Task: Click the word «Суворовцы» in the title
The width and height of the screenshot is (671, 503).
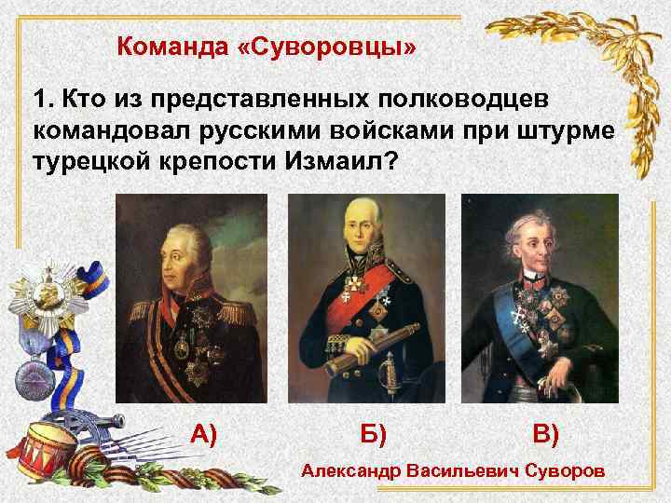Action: pos(358,46)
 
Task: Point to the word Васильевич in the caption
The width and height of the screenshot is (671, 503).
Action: pos(462,472)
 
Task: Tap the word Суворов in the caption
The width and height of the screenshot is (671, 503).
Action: pos(564,472)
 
